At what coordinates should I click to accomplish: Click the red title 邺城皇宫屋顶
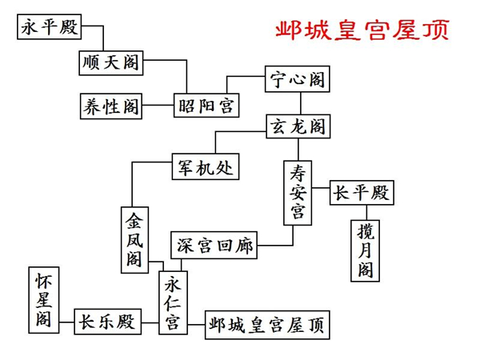(362, 30)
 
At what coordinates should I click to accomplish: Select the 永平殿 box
(50, 28)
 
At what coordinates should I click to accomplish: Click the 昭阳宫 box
(206, 105)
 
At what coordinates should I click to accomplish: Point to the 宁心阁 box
(298, 80)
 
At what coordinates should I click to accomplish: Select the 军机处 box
(206, 167)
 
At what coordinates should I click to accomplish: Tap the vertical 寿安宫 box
(298, 192)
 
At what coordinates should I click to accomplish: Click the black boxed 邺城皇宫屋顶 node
(267, 325)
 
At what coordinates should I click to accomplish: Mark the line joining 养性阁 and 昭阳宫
(158, 105)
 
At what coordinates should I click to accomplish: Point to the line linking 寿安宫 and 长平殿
(321, 192)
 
